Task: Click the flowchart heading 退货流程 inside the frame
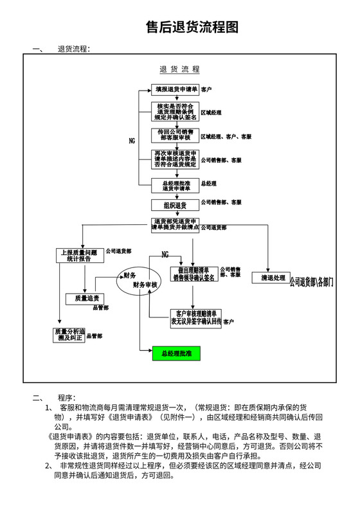(x=179, y=69)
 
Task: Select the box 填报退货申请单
(x=175, y=89)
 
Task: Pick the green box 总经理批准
(x=176, y=353)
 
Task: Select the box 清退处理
(x=273, y=278)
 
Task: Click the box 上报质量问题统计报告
(x=78, y=255)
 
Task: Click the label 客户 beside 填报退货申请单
(x=206, y=89)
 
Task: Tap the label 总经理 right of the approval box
(x=208, y=184)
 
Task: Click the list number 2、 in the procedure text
(x=50, y=465)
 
